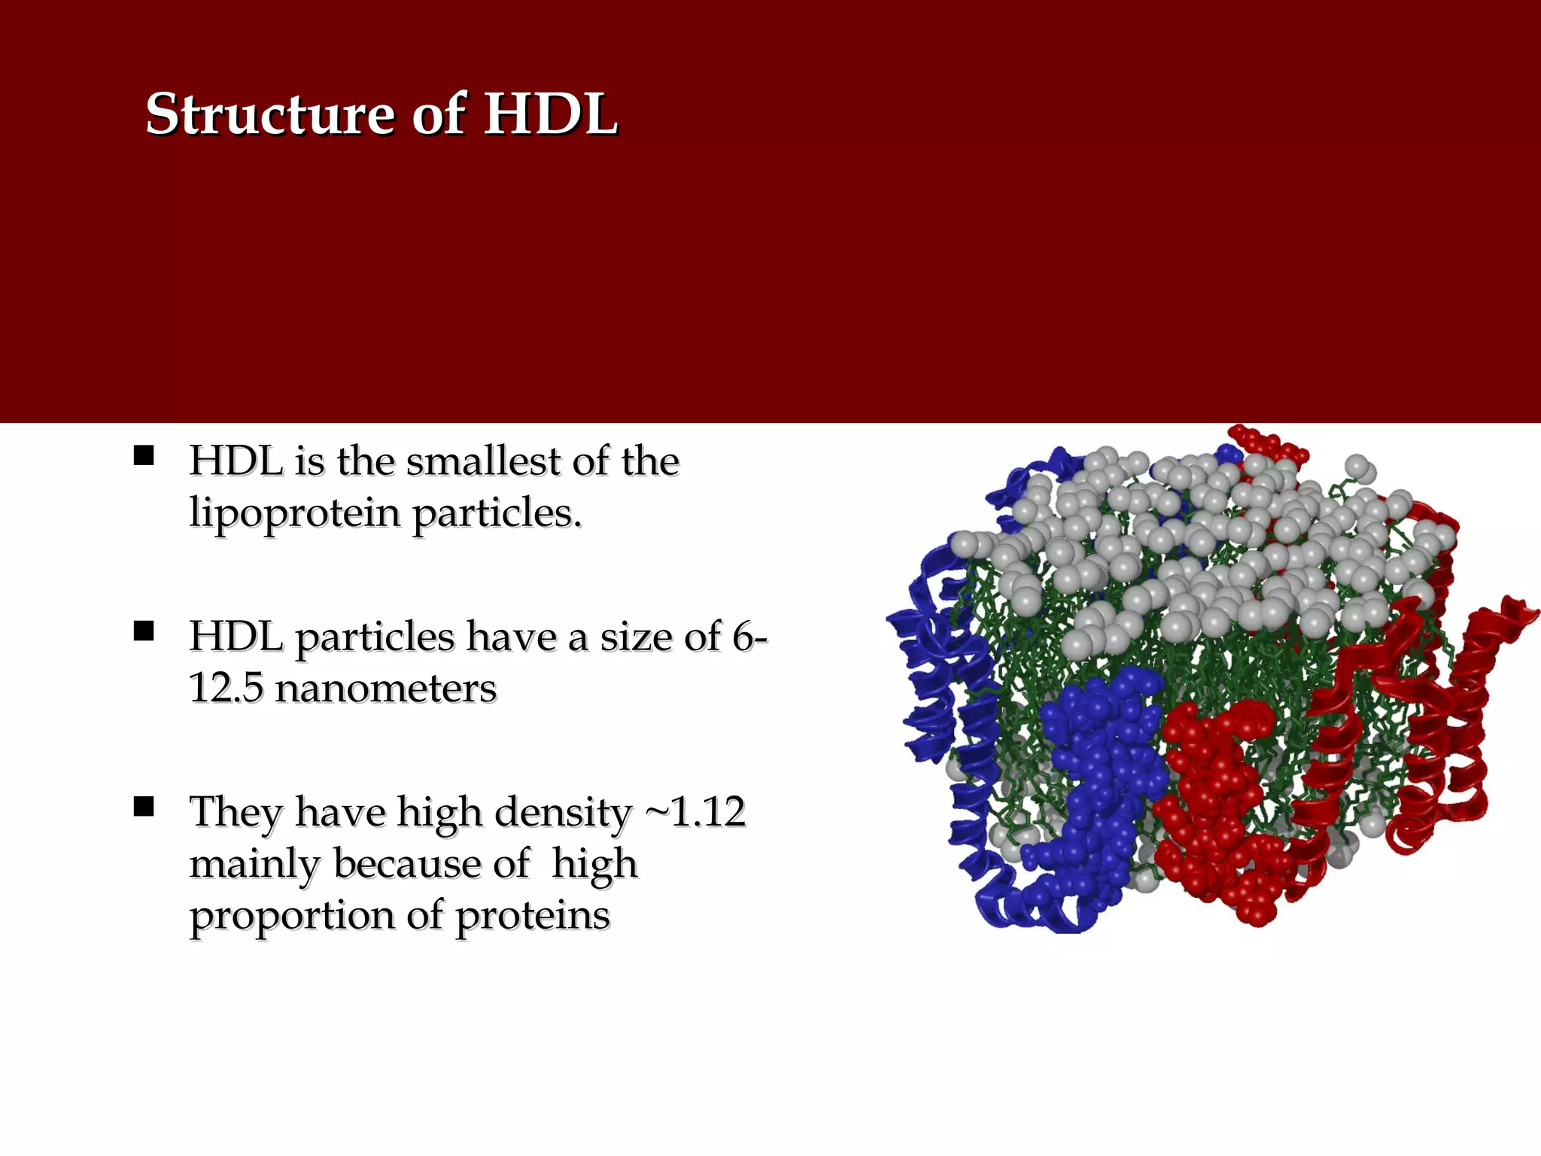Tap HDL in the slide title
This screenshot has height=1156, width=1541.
[550, 114]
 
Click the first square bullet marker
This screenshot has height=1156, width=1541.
[143, 456]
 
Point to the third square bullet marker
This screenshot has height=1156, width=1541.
[143, 807]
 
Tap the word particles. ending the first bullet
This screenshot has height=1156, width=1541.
[497, 514]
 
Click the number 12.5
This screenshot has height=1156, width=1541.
[226, 688]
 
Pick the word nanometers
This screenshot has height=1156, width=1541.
[385, 688]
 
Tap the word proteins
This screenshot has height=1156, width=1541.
[533, 916]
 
